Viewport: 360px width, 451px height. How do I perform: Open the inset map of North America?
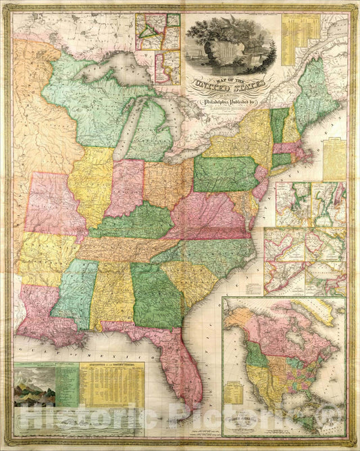(x=284, y=365)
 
